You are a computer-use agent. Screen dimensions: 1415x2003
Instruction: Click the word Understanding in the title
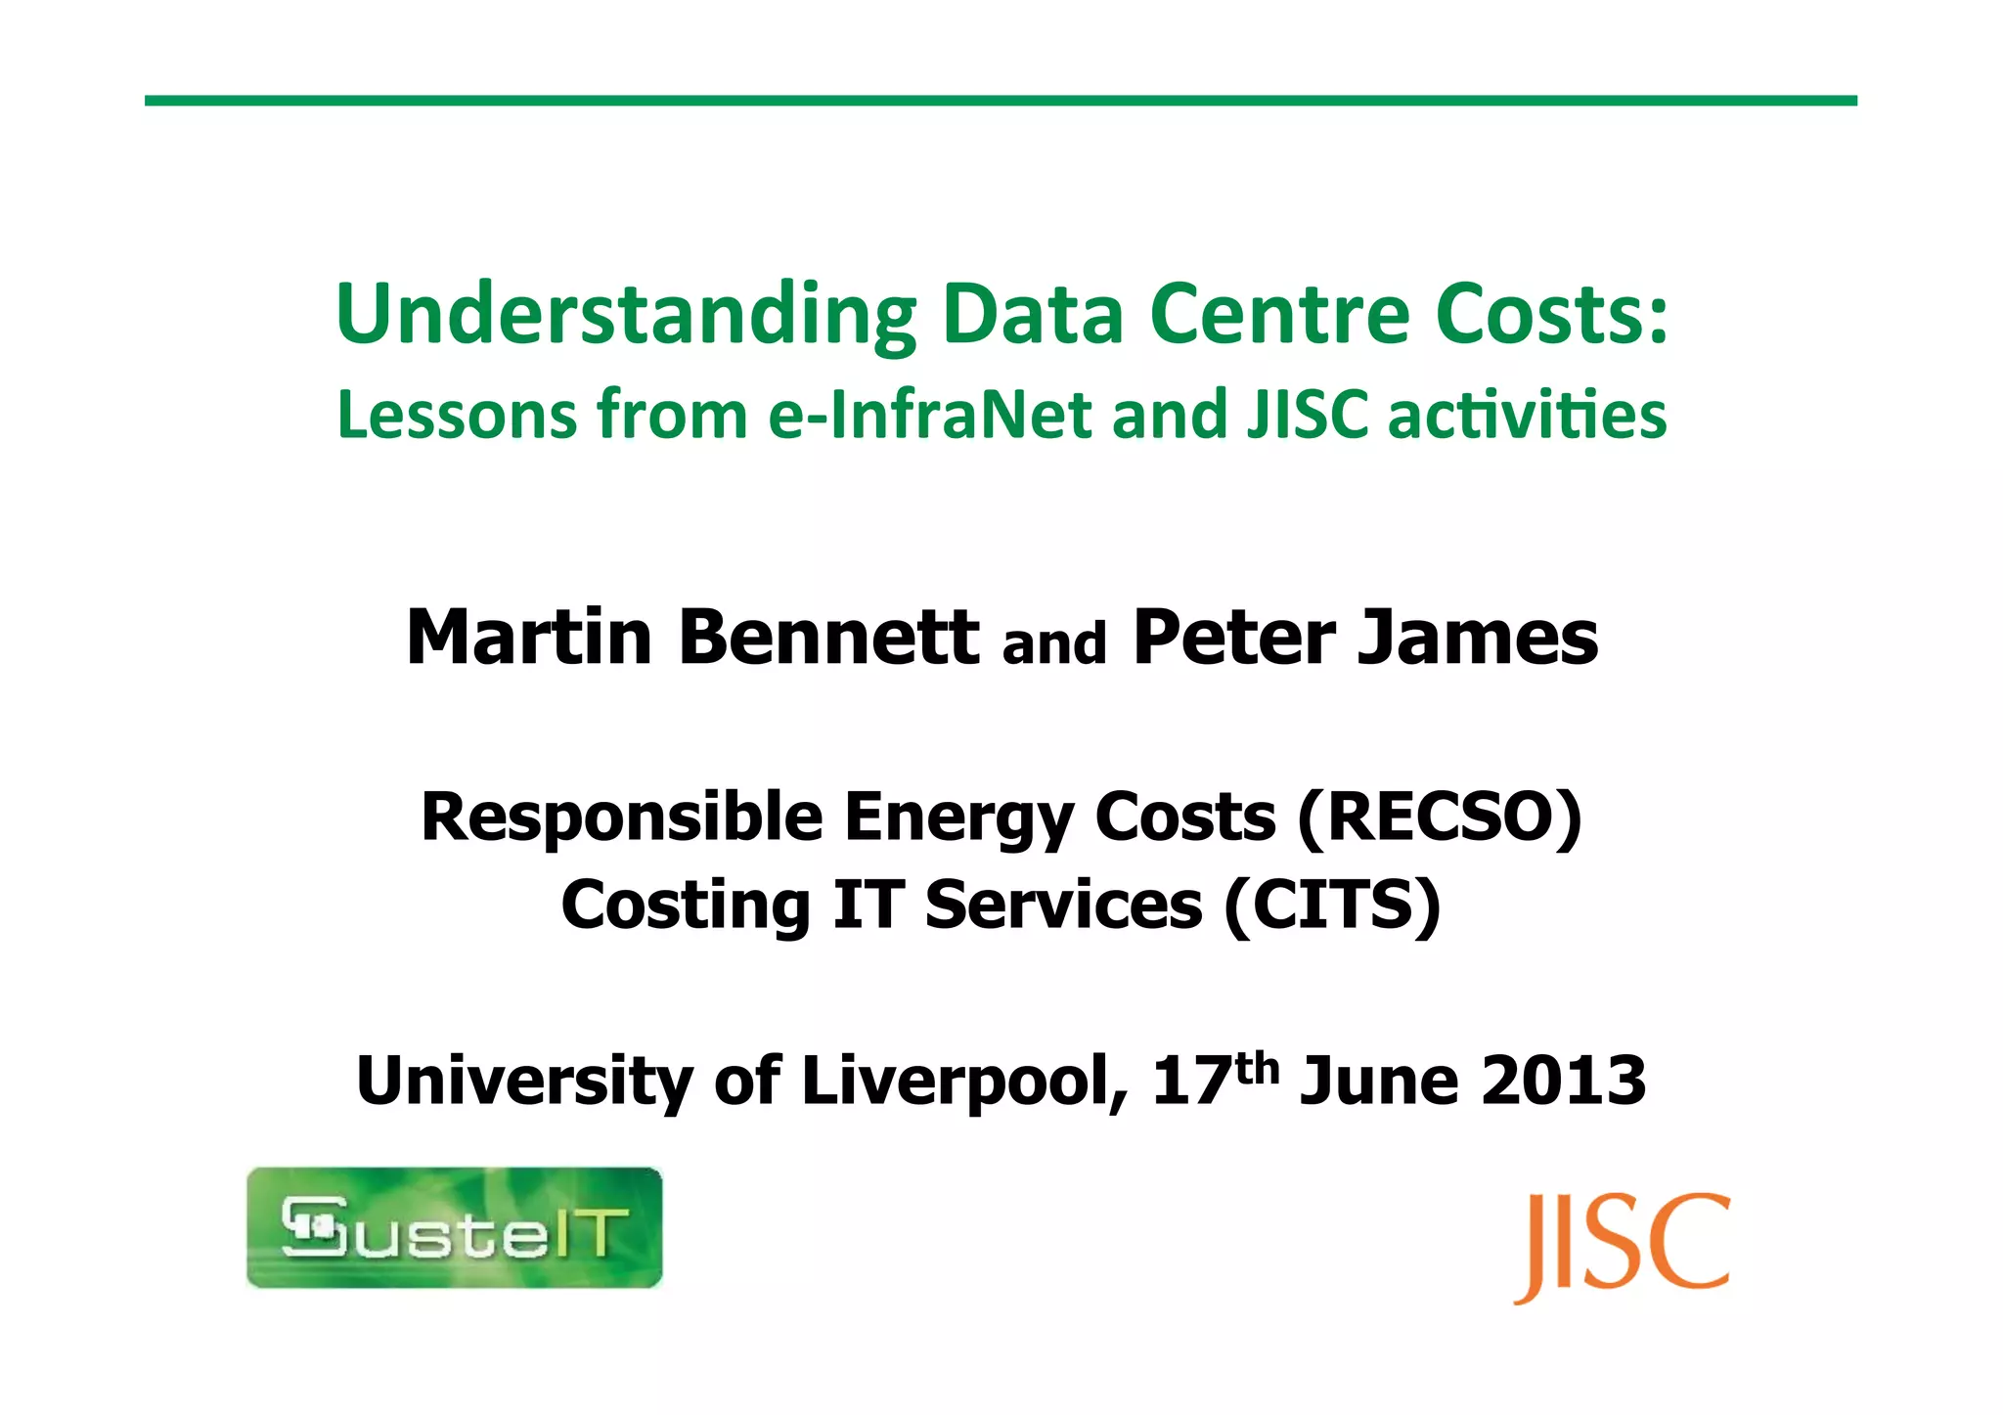coord(626,315)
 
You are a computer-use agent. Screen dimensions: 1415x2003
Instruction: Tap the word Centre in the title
coord(1278,315)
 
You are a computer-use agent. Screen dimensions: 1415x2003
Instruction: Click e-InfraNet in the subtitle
coord(929,415)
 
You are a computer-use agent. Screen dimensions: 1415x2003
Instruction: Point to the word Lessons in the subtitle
coord(458,415)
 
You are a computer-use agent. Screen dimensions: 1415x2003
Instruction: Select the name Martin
coord(529,638)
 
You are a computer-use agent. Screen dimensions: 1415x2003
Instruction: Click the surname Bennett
coord(829,638)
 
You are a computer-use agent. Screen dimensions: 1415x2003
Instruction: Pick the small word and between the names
coord(1054,644)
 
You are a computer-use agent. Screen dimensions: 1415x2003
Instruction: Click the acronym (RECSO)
coord(1439,818)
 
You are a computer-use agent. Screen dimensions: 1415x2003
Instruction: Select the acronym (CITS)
coord(1333,905)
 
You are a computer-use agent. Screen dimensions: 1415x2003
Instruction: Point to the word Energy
coord(958,819)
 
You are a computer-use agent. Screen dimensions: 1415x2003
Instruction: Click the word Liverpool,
coord(964,1082)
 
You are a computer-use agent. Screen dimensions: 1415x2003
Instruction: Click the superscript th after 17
coord(1257,1068)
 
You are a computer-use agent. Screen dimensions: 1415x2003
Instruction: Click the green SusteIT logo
coord(455,1227)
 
